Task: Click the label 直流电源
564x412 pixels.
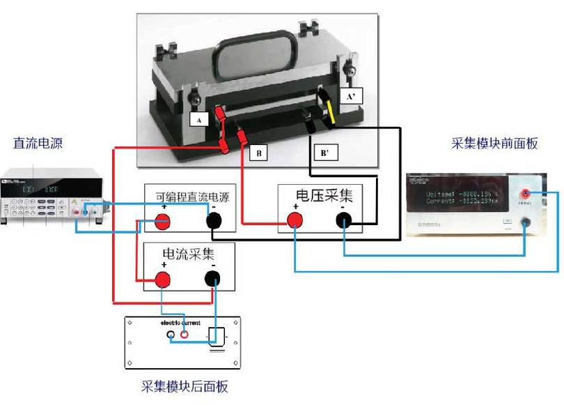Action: tap(38, 143)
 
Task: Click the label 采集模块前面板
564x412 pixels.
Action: tap(494, 144)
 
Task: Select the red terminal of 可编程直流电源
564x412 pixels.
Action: tap(162, 222)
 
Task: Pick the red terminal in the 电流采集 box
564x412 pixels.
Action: tap(163, 280)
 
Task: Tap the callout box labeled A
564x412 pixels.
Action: tap(199, 119)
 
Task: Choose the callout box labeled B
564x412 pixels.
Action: tap(258, 152)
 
